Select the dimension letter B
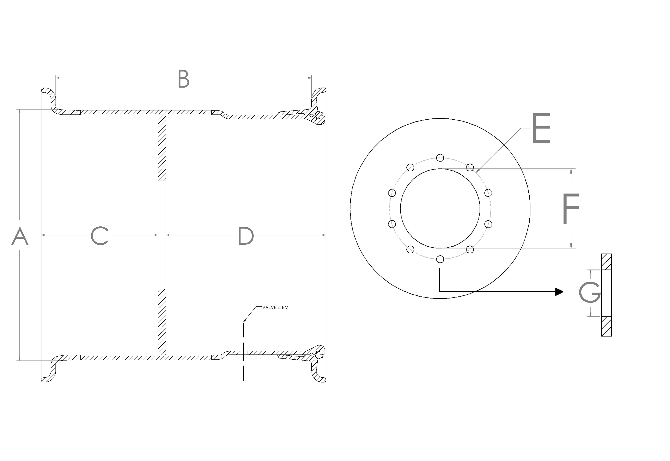[x=184, y=79]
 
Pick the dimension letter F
[x=570, y=209]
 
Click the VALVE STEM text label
[x=275, y=307]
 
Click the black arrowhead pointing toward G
[x=559, y=292]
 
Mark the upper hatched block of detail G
[x=606, y=262]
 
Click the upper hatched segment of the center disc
[x=162, y=148]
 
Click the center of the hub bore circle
[x=440, y=208]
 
